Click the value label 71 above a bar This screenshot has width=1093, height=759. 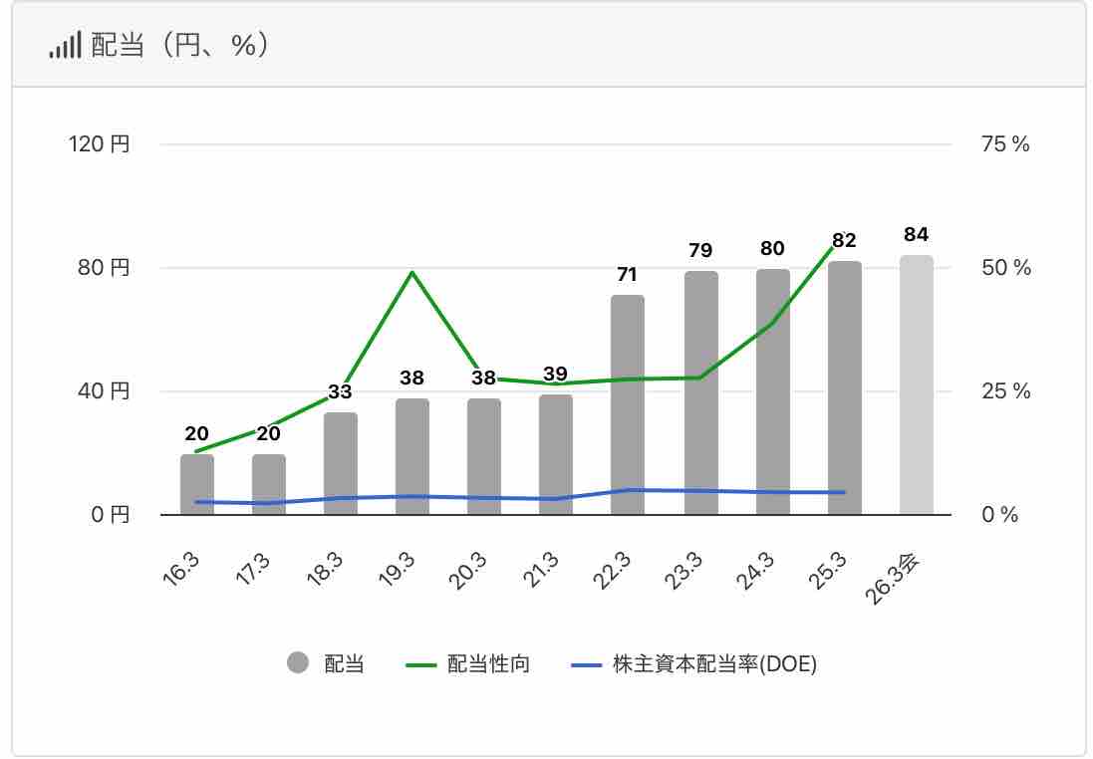click(627, 275)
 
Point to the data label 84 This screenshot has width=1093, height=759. click(917, 235)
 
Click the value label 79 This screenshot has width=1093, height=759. click(700, 250)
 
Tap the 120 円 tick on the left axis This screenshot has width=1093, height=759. click(99, 144)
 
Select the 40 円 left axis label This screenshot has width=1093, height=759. click(104, 391)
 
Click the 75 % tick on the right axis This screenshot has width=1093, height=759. click(1005, 144)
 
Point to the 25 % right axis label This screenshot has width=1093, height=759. click(1005, 391)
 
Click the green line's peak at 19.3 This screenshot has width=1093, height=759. click(412, 272)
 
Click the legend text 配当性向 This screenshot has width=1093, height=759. click(488, 664)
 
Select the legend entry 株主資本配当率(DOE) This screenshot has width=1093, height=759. click(714, 664)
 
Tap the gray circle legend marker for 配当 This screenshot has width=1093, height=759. click(298, 664)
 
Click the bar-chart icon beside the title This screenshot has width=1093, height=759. click(65, 47)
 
